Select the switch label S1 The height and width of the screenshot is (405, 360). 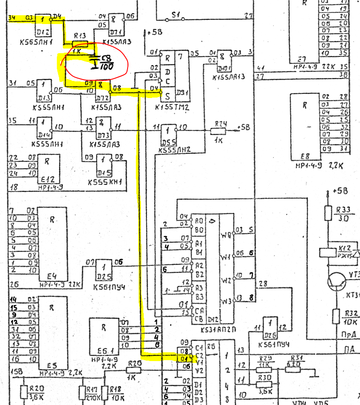(x=176, y=15)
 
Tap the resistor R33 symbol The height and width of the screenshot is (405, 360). (x=329, y=213)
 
